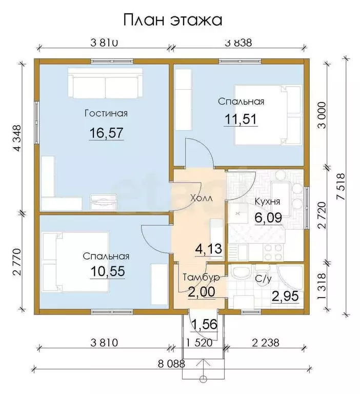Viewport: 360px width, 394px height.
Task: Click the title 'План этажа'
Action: [x=173, y=21]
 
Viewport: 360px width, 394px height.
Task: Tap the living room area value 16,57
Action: [x=106, y=133]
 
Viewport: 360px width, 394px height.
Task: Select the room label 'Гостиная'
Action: [x=106, y=113]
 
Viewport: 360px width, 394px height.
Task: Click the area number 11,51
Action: [x=241, y=119]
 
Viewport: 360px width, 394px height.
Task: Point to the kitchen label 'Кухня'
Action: [x=267, y=202]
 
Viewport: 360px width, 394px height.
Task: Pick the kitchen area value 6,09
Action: [x=268, y=218]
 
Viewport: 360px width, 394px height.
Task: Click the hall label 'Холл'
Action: [x=202, y=198]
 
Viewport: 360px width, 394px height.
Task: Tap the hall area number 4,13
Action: [x=209, y=249]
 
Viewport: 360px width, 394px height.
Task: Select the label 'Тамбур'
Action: [x=202, y=277]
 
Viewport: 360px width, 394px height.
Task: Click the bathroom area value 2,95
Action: [x=286, y=296]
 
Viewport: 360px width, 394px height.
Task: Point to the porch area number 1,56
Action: [x=204, y=324]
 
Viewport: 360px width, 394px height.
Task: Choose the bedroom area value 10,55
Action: [x=108, y=271]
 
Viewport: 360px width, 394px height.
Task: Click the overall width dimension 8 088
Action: [x=171, y=364]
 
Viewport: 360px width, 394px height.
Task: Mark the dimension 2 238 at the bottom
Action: [x=266, y=343]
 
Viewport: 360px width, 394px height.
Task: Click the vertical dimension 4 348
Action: [x=18, y=138]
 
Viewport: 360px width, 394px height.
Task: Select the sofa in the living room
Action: [x=105, y=84]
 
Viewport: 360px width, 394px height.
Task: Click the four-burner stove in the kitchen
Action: [x=273, y=252]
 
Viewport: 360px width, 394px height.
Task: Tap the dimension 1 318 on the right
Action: [x=322, y=286]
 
